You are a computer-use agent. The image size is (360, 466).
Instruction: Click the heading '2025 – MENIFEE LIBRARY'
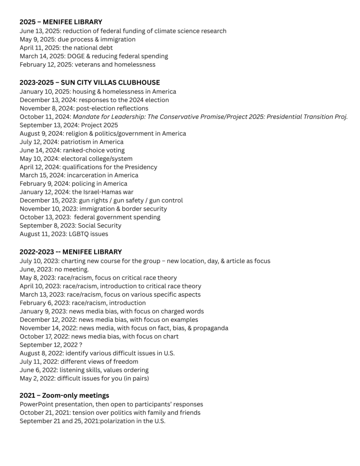(x=61, y=22)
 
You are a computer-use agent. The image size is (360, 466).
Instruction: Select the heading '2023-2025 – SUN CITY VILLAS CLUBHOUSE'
(x=90, y=82)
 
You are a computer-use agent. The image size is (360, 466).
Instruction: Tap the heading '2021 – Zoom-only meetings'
(x=64, y=395)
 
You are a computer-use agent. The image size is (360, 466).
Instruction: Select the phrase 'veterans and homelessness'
(x=117, y=65)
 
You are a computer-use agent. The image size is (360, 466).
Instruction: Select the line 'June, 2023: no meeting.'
(x=51, y=269)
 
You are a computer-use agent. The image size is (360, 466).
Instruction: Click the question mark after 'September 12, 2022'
(x=80, y=345)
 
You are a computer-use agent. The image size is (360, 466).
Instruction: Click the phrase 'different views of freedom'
(x=99, y=362)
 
